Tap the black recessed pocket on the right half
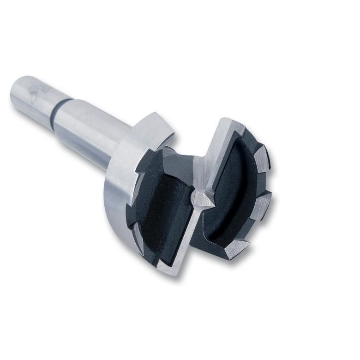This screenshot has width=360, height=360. click(x=231, y=194)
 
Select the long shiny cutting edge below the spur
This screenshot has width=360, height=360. click(x=185, y=240)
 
